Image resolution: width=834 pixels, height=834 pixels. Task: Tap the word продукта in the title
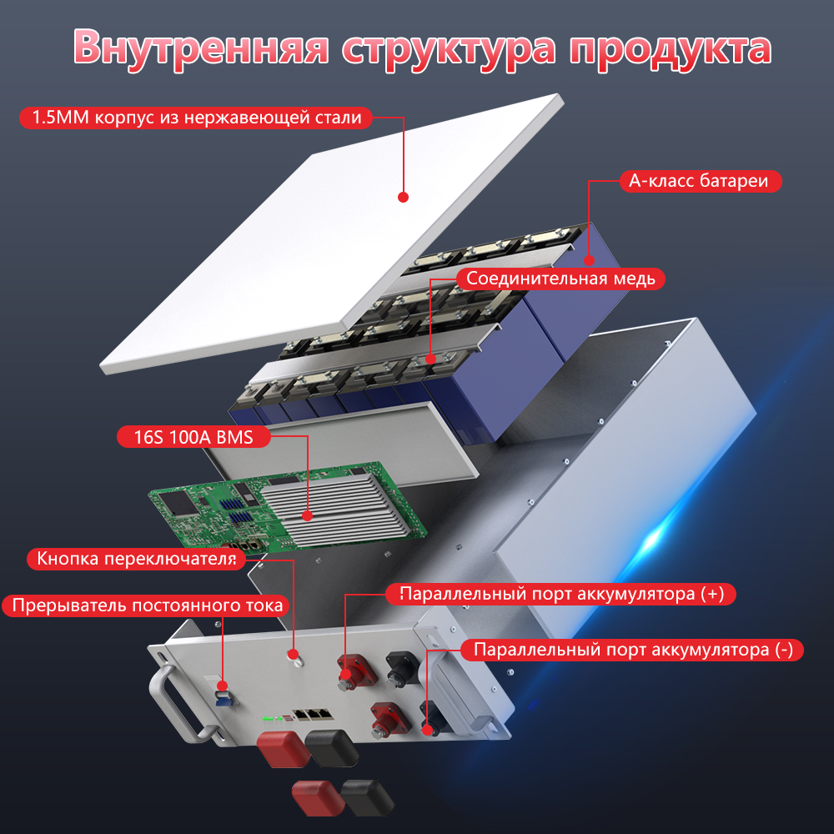(671, 49)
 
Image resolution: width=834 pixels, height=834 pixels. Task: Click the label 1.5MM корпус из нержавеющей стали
(196, 118)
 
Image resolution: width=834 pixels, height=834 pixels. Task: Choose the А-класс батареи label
(700, 181)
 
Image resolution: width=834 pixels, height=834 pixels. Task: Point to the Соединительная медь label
(560, 279)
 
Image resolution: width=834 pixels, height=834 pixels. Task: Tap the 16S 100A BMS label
(193, 437)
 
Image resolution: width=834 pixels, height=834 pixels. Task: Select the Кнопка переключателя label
(136, 559)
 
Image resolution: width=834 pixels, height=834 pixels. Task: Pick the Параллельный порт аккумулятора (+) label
(561, 594)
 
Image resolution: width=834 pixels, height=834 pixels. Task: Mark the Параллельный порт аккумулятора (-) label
(632, 650)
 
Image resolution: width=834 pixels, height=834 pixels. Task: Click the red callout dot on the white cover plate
(403, 198)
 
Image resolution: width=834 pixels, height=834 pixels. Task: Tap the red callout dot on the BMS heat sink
(308, 515)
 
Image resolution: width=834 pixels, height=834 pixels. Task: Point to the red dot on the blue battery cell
(588, 260)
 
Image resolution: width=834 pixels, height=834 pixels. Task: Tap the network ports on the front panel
(314, 714)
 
